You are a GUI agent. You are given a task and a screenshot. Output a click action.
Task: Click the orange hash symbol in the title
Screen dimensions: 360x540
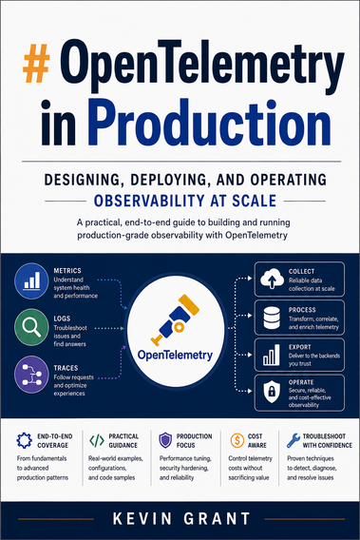pos(36,63)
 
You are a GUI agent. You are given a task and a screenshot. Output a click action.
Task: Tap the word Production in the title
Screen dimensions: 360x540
pos(209,123)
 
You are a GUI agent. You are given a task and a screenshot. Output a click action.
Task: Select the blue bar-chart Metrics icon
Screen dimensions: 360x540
pos(31,280)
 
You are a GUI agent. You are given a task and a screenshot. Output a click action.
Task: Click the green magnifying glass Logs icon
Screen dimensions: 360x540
pos(31,327)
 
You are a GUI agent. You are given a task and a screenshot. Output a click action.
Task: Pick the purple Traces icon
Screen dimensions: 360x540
pos(31,375)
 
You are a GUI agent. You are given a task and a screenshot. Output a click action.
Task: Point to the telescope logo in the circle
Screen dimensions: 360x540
pos(175,320)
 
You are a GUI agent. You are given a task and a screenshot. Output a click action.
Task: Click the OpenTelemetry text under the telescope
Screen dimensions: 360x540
pos(175,355)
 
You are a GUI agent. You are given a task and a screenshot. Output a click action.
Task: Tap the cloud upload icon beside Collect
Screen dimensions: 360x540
pos(272,279)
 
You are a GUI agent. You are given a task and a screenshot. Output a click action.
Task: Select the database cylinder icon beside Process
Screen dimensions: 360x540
pos(272,318)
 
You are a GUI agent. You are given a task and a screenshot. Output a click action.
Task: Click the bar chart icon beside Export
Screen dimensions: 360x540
pos(272,356)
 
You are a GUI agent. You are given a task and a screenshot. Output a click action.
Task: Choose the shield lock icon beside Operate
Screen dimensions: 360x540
pos(272,392)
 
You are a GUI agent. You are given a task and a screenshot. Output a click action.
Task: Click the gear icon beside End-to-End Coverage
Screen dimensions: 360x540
pos(25,440)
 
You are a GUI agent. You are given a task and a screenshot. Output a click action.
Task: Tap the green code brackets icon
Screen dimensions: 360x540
pos(96,440)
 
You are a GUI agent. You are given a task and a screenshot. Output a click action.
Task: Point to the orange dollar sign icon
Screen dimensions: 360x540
pos(237,440)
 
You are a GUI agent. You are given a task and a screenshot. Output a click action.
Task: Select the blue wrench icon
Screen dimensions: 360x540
pos(294,440)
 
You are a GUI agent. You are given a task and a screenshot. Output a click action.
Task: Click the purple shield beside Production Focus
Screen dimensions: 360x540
pos(165,440)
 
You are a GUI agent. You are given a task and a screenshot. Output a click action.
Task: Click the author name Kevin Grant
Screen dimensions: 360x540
pos(181,519)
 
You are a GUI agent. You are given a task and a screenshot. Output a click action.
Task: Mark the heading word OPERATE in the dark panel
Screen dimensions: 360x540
pos(301,382)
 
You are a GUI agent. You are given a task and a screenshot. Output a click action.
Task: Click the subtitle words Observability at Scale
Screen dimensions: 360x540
pos(185,201)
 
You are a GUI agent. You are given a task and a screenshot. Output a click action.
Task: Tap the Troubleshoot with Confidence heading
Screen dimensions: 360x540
pos(328,440)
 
